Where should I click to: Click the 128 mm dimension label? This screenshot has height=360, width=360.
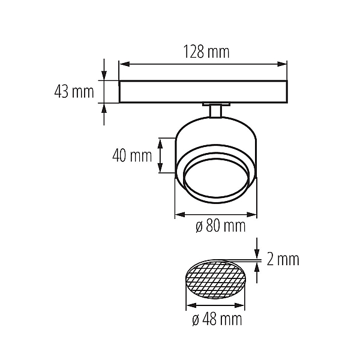point(206,52)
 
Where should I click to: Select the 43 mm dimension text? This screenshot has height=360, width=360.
point(74,92)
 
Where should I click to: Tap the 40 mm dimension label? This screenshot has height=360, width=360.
point(132,156)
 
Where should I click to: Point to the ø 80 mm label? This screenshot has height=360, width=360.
point(221,226)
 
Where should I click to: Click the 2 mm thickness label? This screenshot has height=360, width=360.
point(283,259)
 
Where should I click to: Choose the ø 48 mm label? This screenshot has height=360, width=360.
point(217,319)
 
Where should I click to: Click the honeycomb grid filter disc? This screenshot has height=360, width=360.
point(215,280)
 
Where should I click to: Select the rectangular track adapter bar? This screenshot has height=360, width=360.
point(203,91)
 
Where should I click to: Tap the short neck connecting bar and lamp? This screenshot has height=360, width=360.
point(215,111)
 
